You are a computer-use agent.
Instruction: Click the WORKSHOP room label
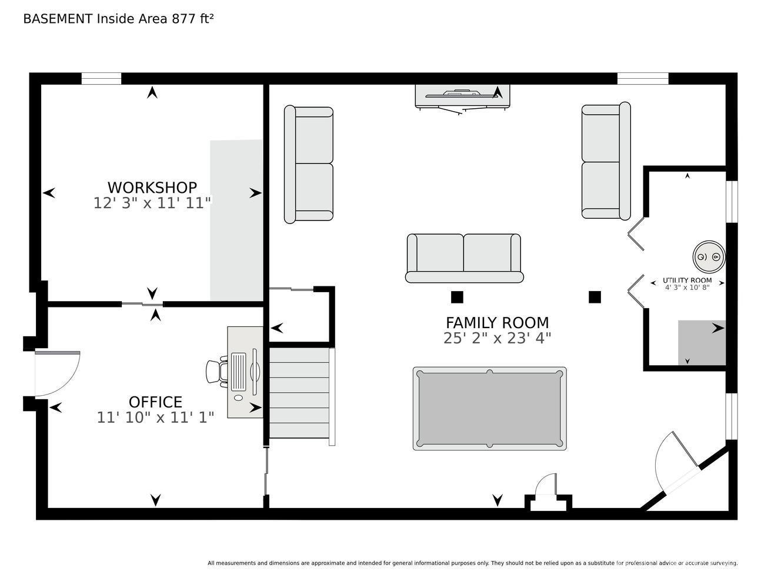152,188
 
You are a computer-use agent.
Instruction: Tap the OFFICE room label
155,402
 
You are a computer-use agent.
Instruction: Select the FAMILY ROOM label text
498,323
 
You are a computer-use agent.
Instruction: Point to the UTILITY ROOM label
687,280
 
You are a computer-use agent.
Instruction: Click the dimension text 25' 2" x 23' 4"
498,338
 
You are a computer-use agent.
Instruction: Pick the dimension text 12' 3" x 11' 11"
152,203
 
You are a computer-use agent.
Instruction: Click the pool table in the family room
489,409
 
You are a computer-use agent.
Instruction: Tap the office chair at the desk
217,372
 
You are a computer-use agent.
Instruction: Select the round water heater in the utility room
709,257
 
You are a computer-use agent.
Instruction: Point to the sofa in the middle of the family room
465,258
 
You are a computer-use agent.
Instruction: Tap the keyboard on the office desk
239,372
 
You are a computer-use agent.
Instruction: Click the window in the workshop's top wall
101,78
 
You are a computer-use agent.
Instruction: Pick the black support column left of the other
457,297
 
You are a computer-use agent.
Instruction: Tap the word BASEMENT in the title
58,19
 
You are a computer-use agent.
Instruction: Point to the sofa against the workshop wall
309,164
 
